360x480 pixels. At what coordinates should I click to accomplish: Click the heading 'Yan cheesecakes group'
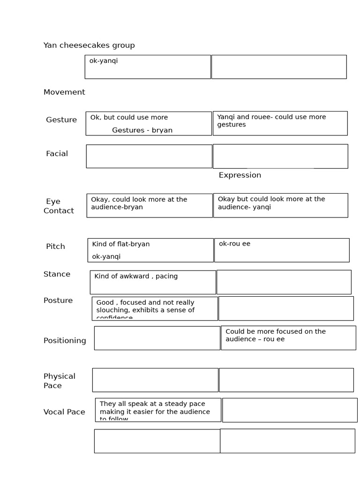(89, 45)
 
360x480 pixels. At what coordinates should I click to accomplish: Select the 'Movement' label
(64, 92)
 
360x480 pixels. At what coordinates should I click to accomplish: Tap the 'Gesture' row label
(61, 120)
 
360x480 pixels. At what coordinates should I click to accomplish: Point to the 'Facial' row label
(57, 154)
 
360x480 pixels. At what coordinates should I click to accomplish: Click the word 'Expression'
(240, 175)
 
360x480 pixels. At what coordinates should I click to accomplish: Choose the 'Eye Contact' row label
(59, 206)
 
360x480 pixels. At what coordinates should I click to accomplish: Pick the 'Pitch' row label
(55, 247)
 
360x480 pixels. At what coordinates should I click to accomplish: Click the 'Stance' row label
(57, 274)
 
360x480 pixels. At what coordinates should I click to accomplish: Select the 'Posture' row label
(58, 300)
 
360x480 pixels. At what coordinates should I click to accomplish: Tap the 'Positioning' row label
(65, 341)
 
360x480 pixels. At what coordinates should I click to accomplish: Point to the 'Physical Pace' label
(59, 381)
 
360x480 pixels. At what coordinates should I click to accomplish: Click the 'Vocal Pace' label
(64, 412)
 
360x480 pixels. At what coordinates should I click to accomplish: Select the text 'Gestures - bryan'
(142, 130)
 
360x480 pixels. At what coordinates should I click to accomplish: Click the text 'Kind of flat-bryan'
(121, 244)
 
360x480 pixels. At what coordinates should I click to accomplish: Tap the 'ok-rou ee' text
(234, 244)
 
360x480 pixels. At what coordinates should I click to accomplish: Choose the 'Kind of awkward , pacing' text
(136, 277)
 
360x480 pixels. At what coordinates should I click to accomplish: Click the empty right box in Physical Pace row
(286, 380)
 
